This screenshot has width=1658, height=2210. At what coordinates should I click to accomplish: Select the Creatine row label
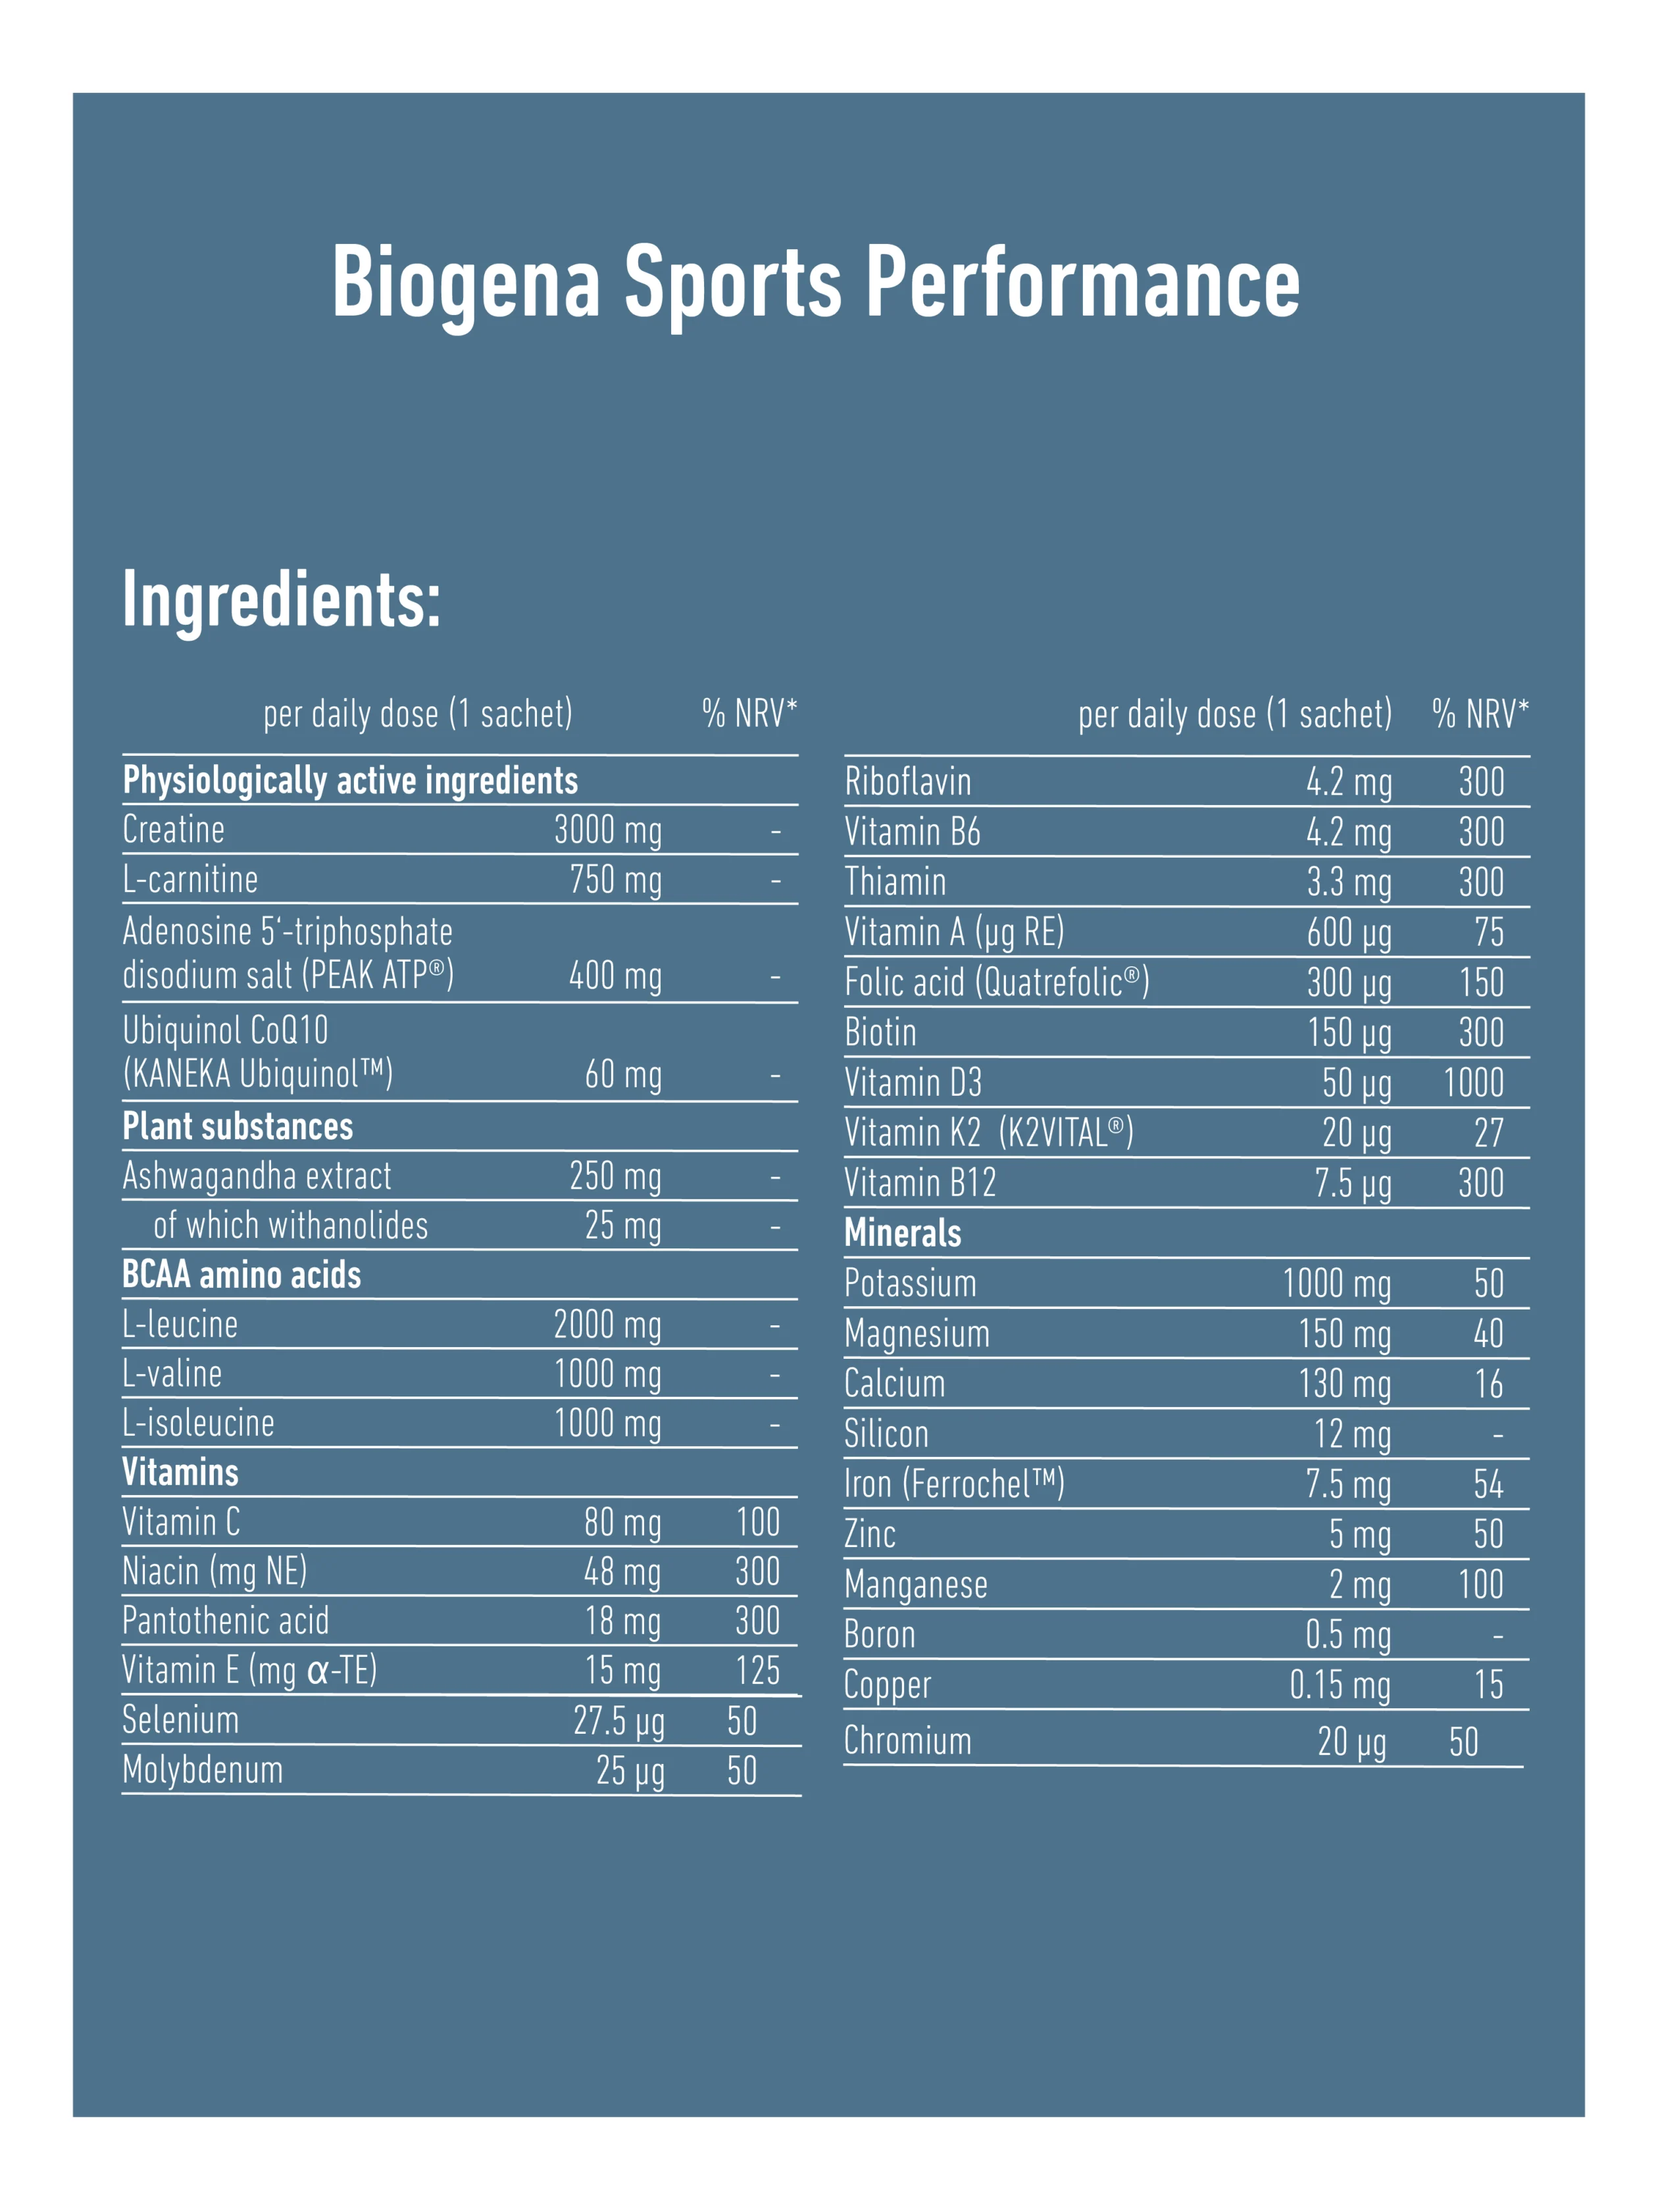(174, 829)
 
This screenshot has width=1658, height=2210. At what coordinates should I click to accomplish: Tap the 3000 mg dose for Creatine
(608, 830)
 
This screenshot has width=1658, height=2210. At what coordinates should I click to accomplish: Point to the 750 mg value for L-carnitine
(616, 880)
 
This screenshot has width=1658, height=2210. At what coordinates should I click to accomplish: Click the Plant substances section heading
(238, 1126)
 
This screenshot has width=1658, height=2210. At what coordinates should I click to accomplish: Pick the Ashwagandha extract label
(257, 1176)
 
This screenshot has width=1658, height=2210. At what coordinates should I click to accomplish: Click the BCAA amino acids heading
(242, 1275)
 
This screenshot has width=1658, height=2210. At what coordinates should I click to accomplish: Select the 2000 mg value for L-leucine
(608, 1325)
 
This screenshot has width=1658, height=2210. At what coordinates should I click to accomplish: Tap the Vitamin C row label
(181, 1521)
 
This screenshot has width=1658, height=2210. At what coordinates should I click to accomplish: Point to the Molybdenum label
(203, 1769)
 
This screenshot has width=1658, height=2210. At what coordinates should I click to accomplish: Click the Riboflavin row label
(907, 781)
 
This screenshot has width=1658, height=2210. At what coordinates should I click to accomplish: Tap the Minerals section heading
(903, 1233)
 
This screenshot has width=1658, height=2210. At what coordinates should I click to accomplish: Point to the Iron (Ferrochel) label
(953, 1484)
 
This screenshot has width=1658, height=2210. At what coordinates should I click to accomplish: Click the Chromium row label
(907, 1740)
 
